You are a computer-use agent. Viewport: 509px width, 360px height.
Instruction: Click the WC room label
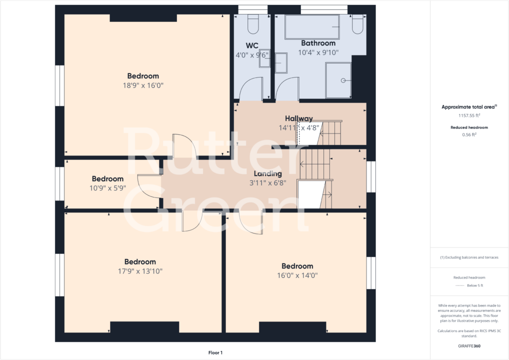coord(252,45)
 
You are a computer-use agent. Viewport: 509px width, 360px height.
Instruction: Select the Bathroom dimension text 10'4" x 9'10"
coord(318,52)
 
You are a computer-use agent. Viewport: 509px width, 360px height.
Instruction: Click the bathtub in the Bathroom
coord(312,27)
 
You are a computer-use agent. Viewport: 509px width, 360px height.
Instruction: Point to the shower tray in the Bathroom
coord(338,79)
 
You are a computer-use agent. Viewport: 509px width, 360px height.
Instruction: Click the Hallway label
coord(298,118)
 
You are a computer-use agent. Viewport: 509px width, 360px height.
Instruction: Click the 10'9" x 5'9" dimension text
coord(107,188)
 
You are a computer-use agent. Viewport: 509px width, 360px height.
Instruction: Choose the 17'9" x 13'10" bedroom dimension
coord(140,271)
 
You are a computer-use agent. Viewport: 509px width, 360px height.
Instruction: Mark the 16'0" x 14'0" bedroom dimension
coord(297,275)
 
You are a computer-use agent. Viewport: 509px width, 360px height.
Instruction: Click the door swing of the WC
coord(251,88)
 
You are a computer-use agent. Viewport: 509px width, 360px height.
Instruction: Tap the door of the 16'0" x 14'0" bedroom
coord(251,222)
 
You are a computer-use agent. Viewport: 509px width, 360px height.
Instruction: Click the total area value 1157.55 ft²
coord(469,115)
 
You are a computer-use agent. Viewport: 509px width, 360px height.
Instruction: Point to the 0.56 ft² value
coord(469,134)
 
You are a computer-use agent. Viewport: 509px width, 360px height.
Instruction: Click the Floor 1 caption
coord(215,352)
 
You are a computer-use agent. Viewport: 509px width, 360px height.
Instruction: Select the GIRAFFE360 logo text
coord(469,345)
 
